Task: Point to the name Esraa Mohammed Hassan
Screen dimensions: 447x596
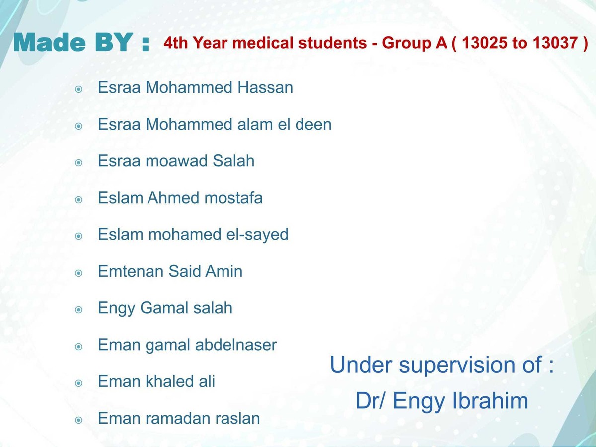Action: coord(195,88)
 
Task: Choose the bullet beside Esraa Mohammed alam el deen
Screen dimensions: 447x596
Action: coord(79,126)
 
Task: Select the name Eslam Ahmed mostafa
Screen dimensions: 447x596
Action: coord(180,198)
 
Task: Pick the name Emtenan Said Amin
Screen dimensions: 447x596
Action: coord(170,272)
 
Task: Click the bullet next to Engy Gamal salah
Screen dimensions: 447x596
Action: coord(79,310)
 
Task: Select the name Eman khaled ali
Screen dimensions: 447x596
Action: coord(156,381)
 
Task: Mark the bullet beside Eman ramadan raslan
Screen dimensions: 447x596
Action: coord(79,420)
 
